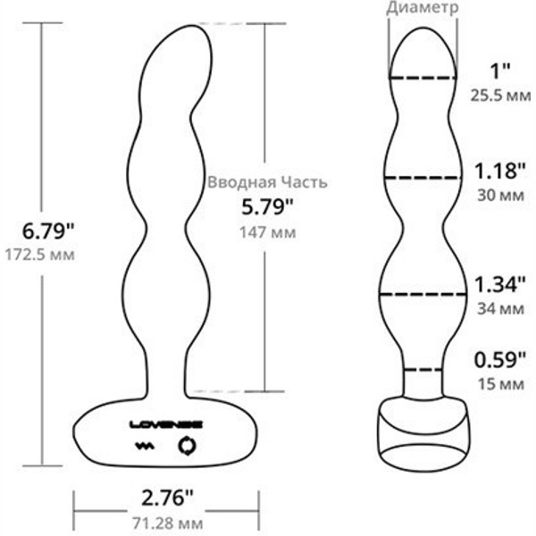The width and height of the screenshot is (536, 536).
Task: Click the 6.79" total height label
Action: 48,231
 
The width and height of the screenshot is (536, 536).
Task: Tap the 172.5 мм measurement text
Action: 39,255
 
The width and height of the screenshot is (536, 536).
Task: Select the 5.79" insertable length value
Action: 267,207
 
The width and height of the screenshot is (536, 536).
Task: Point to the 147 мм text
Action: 267,232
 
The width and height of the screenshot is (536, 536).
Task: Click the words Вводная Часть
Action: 267,182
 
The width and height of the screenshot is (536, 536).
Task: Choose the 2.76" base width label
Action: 167,498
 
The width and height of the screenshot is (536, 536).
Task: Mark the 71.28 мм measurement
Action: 168,523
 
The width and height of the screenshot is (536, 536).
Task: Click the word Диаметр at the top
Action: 423,8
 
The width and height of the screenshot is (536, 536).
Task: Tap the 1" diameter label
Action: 500,71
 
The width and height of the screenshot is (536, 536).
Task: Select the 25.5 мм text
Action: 500,96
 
